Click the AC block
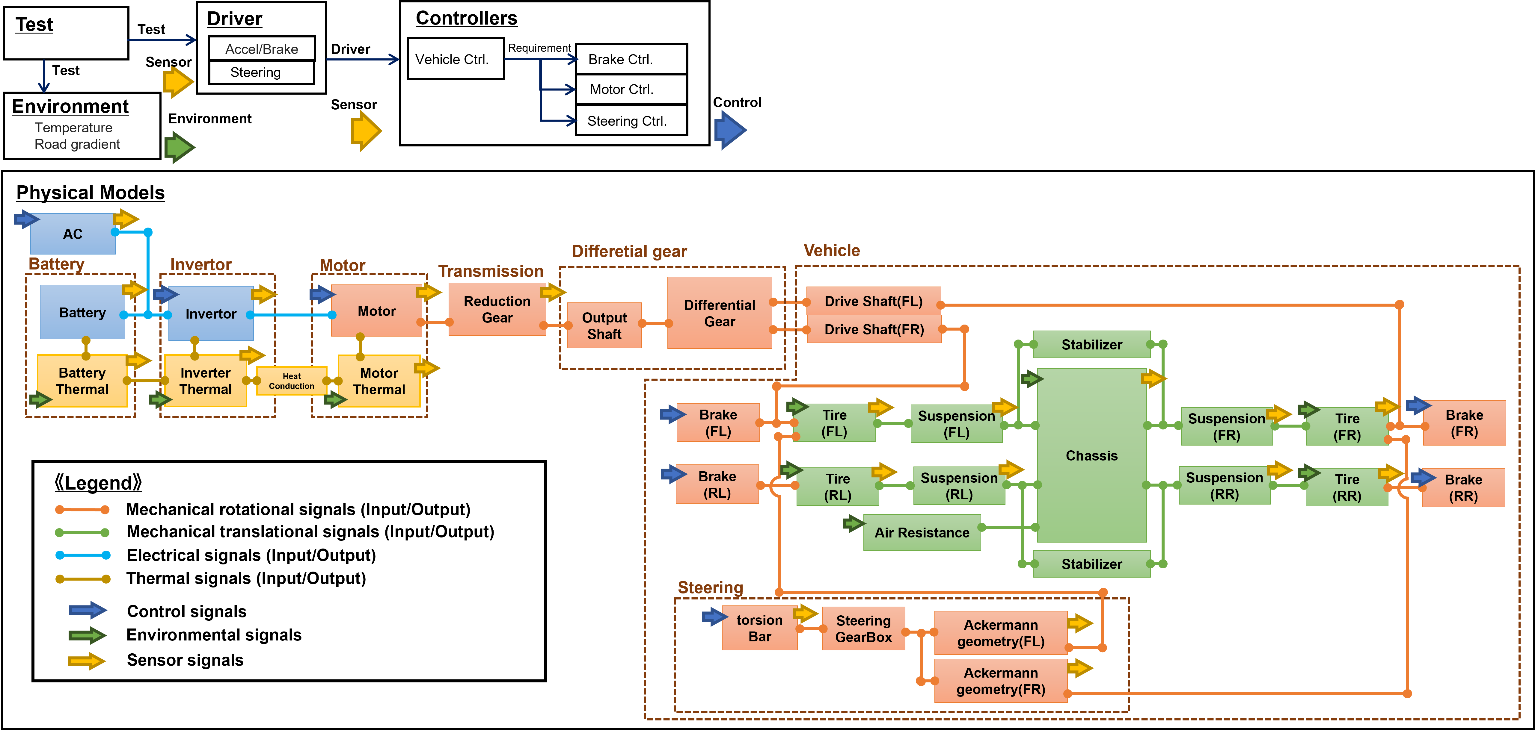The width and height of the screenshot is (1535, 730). tap(73, 234)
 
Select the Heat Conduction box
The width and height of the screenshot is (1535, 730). tap(291, 381)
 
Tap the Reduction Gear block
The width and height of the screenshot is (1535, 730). tap(497, 310)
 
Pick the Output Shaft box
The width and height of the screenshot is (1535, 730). tap(604, 326)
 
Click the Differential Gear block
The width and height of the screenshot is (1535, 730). tap(719, 313)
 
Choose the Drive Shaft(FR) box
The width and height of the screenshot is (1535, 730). tap(874, 329)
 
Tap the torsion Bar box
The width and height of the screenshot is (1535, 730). tap(759, 628)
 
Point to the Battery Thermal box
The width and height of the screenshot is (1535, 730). tap(82, 381)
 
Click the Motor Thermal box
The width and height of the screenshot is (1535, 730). tap(379, 381)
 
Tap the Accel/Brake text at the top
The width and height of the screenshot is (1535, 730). tap(262, 49)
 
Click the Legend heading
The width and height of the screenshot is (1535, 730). tap(98, 482)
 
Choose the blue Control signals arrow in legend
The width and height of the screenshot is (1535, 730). tap(88, 610)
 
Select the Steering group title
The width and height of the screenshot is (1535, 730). tap(710, 588)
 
